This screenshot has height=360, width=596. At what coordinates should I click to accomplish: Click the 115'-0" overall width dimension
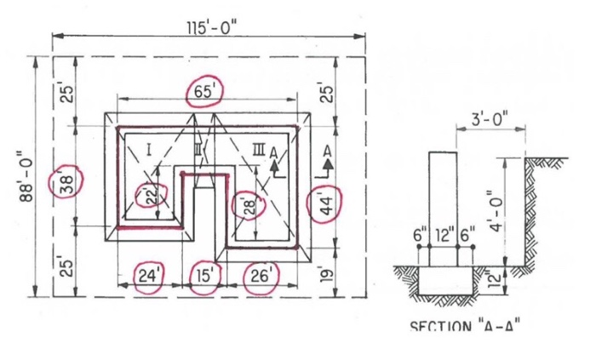pos(211,26)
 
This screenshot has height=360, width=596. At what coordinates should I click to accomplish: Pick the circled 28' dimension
pos(246,206)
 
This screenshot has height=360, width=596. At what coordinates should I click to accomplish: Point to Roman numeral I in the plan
pos(148,151)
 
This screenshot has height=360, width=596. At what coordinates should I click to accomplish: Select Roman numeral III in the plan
pos(258,151)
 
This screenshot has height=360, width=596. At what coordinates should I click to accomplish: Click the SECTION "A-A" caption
pos(465,326)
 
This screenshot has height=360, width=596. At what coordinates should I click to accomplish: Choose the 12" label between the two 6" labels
pos(443,233)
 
